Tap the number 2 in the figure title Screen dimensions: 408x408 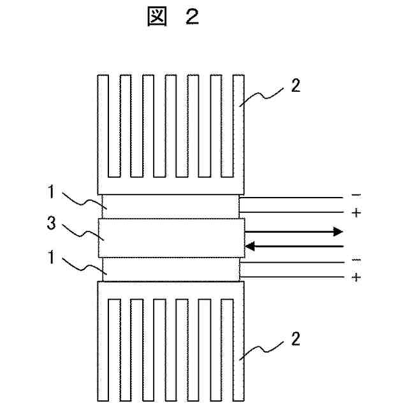pyautogui.click(x=192, y=18)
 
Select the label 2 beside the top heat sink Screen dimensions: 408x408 pyautogui.click(x=294, y=87)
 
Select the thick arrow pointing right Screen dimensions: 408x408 pyautogui.click(x=295, y=232)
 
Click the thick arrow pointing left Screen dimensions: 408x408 pyautogui.click(x=295, y=245)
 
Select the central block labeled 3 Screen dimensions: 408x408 pyautogui.click(x=171, y=238)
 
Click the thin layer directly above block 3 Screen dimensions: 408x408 pyautogui.click(x=171, y=207)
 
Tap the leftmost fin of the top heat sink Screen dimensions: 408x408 pyautogui.click(x=103, y=127)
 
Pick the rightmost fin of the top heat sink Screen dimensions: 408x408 pyautogui.click(x=239, y=127)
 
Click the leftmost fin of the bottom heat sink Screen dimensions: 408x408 pyautogui.click(x=103, y=347)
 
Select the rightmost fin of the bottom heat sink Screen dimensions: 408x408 pyautogui.click(x=239, y=347)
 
